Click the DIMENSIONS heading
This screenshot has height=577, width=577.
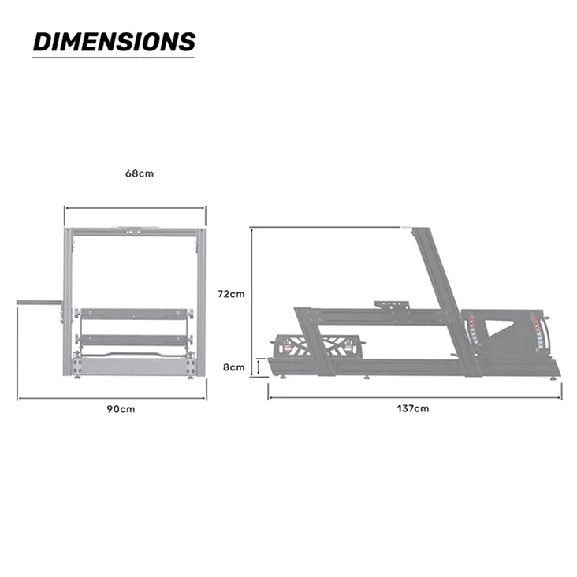point(114,41)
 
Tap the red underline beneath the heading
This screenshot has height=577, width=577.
point(113,57)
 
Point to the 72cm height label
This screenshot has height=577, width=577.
point(231,293)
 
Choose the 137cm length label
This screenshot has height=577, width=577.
point(415,408)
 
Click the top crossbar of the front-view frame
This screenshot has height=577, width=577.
point(135,233)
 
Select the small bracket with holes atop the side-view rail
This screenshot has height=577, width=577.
point(393,305)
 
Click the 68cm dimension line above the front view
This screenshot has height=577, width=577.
point(135,208)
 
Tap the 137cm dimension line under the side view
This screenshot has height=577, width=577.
point(415,397)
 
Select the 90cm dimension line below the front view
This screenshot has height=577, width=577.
point(112,398)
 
